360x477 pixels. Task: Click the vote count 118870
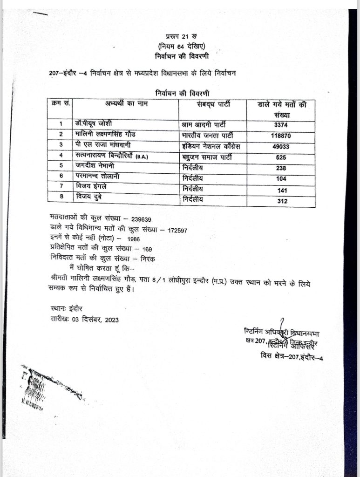(x=282, y=136)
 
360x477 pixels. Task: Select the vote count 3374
(x=282, y=125)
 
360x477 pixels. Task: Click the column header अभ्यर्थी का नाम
(x=126, y=103)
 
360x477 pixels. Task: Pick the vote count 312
(x=282, y=201)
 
